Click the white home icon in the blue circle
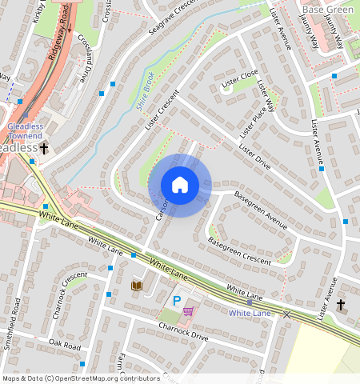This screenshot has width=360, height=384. click(180, 185)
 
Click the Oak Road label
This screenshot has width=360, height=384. click(65, 345)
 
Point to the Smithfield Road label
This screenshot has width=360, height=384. click(12, 336)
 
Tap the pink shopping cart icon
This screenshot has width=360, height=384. click(189, 310)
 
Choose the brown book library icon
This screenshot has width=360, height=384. click(137, 285)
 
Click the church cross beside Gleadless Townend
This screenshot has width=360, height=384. click(44, 148)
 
